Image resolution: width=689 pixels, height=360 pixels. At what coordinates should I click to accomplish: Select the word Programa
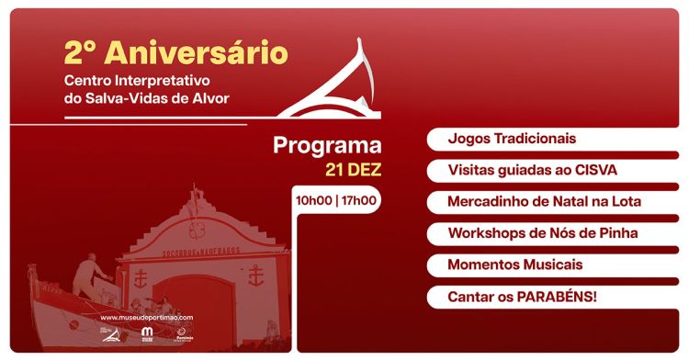click(327, 146)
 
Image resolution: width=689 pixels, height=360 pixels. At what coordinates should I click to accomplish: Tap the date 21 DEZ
click(353, 170)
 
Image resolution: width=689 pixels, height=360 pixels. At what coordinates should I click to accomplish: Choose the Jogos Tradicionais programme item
click(512, 139)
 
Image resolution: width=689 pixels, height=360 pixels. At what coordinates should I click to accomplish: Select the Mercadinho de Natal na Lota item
click(544, 201)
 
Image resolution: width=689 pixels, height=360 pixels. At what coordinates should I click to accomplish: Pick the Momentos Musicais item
click(515, 264)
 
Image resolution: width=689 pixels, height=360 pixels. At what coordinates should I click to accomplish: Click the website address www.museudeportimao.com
click(146, 318)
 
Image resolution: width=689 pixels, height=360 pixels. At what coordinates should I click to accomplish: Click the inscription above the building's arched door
click(197, 248)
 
